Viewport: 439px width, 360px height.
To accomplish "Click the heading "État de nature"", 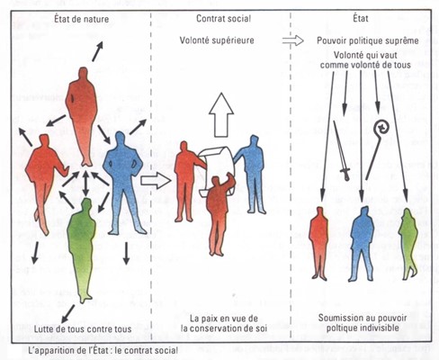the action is coord(82,19).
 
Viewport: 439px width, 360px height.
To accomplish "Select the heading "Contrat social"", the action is coord(223,19).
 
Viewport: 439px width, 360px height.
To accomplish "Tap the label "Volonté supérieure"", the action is coord(217,40).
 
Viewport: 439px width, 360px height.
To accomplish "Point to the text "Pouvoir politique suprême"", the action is coord(368,40).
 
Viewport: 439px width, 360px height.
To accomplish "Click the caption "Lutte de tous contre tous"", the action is coord(83,328).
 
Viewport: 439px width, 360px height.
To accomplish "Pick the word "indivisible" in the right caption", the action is coord(377,328).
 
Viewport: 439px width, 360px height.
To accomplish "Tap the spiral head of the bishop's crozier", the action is coord(381,128).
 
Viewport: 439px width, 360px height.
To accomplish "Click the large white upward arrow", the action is coord(221,115).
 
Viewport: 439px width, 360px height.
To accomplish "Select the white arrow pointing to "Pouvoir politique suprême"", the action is coord(292,40).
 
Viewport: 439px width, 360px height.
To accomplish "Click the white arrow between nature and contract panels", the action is coord(156,181).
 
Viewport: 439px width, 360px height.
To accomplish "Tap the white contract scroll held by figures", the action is coord(217,168).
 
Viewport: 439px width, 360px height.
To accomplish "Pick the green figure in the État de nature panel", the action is coord(82,249).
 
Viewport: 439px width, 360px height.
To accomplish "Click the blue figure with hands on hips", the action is coord(123,183).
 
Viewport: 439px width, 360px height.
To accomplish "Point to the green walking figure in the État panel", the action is coord(408,245).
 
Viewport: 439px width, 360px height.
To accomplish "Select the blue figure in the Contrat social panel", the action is coord(251,174).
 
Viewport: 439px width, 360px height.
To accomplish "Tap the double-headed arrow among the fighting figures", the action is coord(85,184).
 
